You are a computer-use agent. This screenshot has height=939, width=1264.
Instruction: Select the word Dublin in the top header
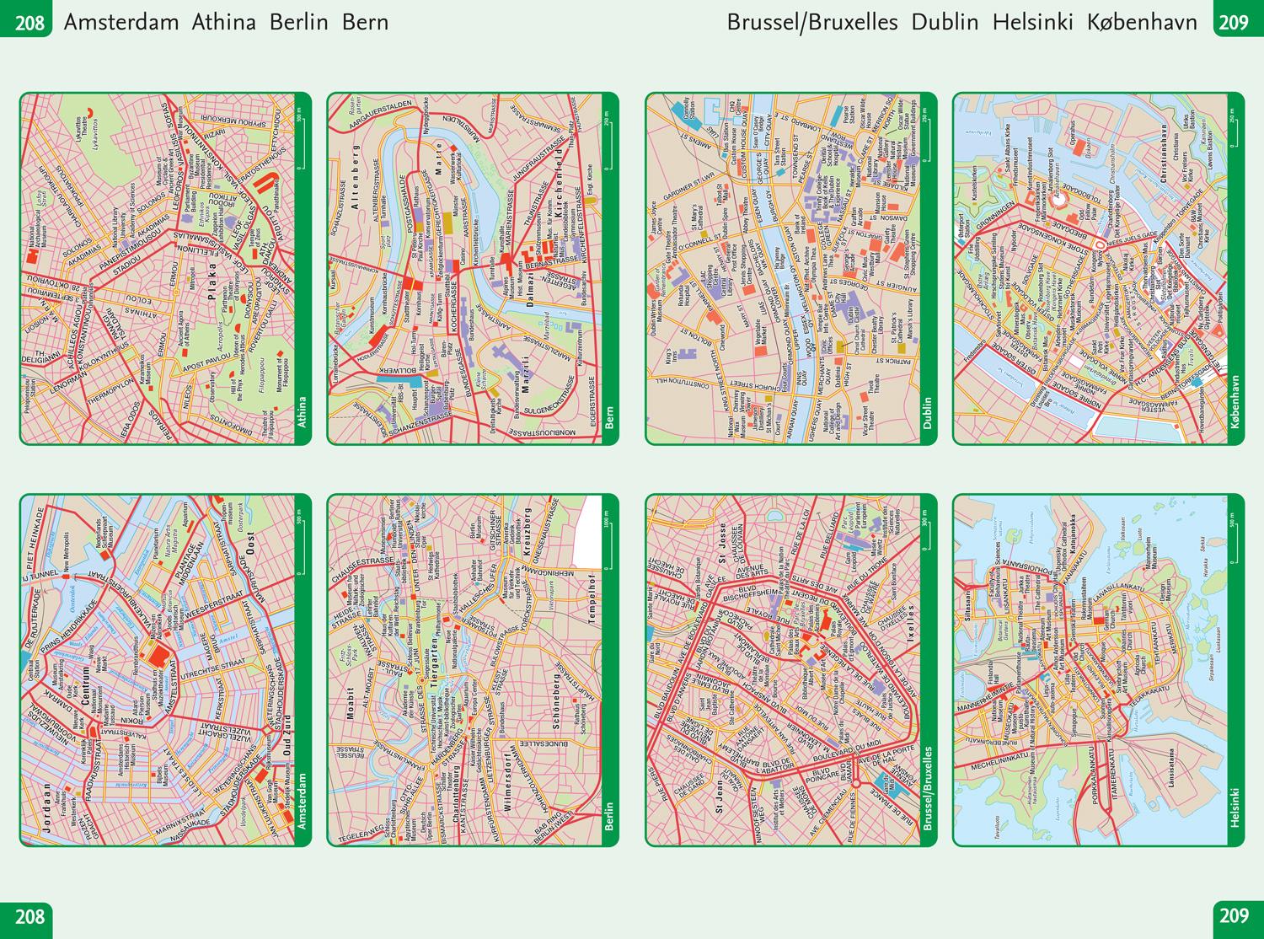pyautogui.click(x=945, y=22)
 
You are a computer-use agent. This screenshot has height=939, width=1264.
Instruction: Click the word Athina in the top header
pyautogui.click(x=223, y=22)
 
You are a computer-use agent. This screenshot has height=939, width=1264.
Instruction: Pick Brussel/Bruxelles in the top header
pyautogui.click(x=812, y=22)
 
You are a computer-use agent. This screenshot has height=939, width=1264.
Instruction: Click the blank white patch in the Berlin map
pyautogui.click(x=592, y=531)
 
